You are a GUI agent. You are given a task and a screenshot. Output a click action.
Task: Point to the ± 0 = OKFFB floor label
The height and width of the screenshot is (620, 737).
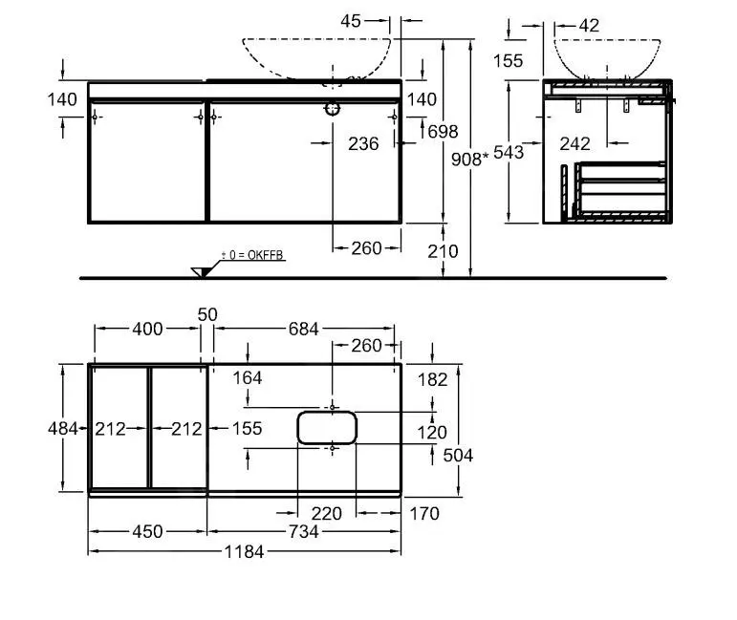[x=253, y=255]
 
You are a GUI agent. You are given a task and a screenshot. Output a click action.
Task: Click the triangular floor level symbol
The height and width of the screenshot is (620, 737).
[x=201, y=271]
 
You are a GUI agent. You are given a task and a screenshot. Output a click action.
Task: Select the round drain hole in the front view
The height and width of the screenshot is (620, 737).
[x=333, y=109]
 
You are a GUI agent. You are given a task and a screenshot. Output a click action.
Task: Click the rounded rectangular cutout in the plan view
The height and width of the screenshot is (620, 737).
[x=327, y=427]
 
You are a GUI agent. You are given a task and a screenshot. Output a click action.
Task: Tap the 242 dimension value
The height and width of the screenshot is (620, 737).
[x=574, y=143]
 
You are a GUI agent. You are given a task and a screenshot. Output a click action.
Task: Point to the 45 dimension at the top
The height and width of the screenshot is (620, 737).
[x=352, y=19]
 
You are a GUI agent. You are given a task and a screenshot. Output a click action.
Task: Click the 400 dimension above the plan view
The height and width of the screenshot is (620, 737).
[x=147, y=330]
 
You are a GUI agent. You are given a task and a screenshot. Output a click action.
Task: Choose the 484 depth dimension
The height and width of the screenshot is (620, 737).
[x=63, y=429]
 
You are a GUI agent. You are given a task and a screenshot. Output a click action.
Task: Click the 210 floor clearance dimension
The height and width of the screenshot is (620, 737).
[x=443, y=252]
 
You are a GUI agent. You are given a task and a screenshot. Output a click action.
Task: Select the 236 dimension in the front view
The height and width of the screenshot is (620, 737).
[x=363, y=143]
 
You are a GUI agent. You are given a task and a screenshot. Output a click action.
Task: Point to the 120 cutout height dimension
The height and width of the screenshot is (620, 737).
[x=432, y=433]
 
